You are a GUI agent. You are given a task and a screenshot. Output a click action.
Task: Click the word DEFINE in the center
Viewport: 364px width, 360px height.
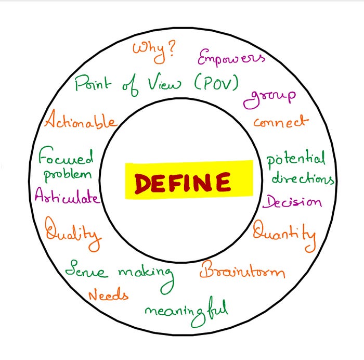183,183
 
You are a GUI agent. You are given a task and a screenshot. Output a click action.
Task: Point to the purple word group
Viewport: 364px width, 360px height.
270,97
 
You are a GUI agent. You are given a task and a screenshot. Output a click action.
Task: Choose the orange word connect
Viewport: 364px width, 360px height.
280,122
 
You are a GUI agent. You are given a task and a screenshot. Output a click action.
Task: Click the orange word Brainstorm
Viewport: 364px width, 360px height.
242,271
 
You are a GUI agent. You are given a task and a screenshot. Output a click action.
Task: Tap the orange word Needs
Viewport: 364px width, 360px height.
108,295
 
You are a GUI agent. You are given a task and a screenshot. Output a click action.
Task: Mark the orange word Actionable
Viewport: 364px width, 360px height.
80,122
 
